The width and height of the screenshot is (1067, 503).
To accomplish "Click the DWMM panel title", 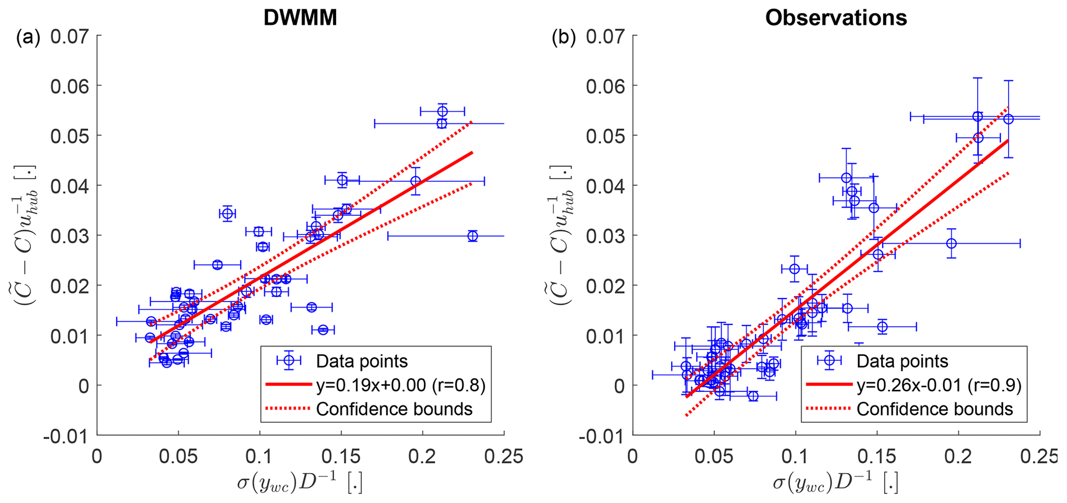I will (x=300, y=18).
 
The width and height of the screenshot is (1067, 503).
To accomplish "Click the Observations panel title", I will (x=836, y=18).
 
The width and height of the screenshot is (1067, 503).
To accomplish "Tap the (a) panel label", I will (x=28, y=38).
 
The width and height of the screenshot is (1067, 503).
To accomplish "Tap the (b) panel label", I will (x=564, y=38).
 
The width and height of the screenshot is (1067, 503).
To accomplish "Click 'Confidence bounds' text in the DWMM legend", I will (x=394, y=409).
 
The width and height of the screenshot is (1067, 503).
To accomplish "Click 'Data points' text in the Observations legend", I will (x=902, y=361).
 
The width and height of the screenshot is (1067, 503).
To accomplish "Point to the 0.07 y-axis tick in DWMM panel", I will (x=70, y=36).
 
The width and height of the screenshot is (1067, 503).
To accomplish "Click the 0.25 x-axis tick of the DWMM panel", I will (x=504, y=457).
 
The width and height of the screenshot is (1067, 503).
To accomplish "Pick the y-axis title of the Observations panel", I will (x=560, y=235).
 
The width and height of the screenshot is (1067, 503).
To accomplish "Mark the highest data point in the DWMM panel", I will (x=442, y=112).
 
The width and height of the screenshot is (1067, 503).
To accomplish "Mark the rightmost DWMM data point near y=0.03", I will (x=472, y=236).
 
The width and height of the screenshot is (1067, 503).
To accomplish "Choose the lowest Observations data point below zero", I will (x=753, y=396).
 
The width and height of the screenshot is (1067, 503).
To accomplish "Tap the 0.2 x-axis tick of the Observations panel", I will (x=958, y=457).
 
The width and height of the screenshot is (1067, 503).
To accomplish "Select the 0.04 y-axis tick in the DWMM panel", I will (x=70, y=185).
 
